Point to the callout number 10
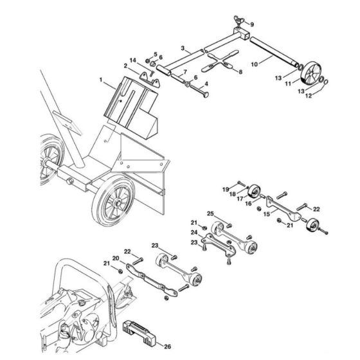[x=254, y=64]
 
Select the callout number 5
[x=154, y=54]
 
